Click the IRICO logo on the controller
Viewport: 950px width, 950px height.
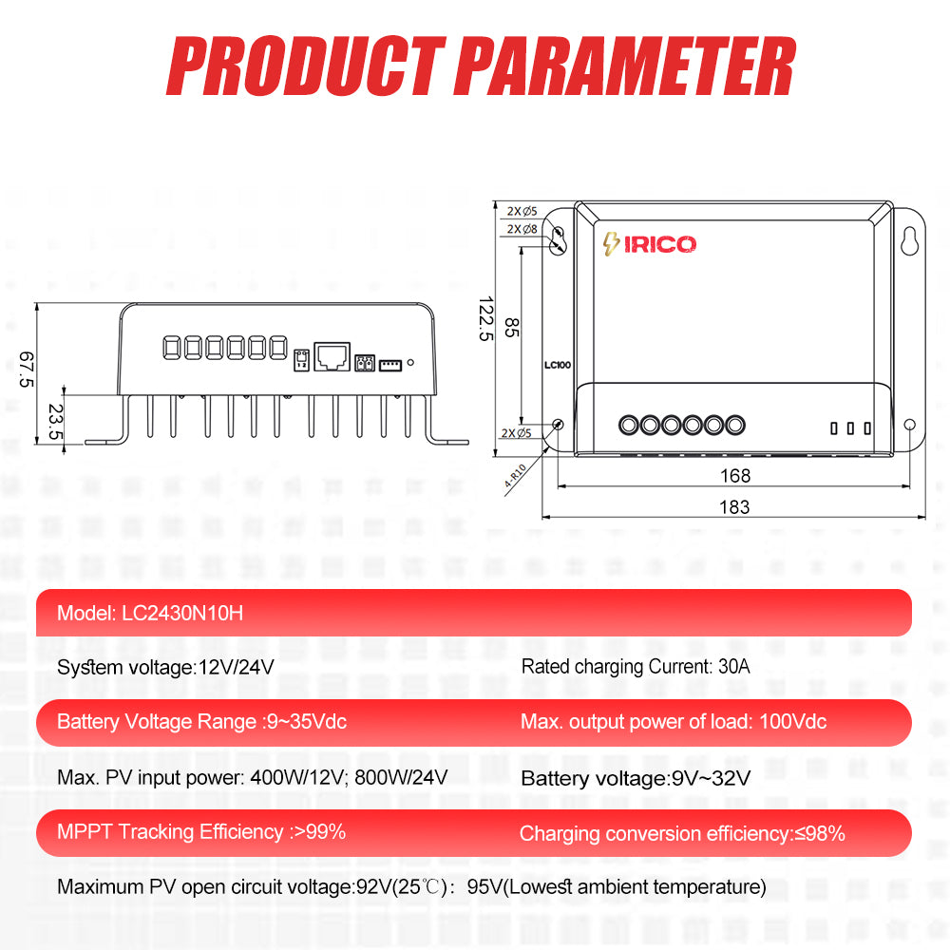[650, 244]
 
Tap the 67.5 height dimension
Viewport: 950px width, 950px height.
[27, 370]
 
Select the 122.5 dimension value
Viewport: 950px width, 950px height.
[485, 318]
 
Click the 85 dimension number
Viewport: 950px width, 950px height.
[512, 328]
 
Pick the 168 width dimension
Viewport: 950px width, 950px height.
[735, 475]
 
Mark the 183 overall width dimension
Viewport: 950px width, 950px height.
[734, 506]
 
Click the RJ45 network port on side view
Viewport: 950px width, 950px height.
[332, 356]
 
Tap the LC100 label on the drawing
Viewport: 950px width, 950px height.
[558, 364]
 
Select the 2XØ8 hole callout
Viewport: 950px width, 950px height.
[522, 229]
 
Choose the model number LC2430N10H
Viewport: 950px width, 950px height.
[182, 614]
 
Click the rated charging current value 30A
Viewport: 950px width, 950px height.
[733, 667]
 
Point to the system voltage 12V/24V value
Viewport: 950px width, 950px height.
[236, 667]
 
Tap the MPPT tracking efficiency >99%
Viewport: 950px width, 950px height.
[319, 832]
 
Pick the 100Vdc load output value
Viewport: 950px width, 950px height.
[792, 722]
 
